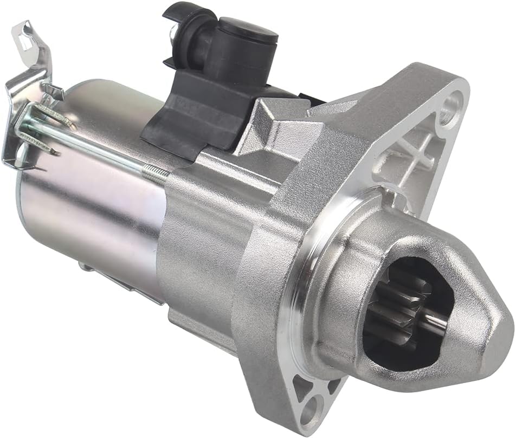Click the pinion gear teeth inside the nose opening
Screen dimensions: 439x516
(391, 317)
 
